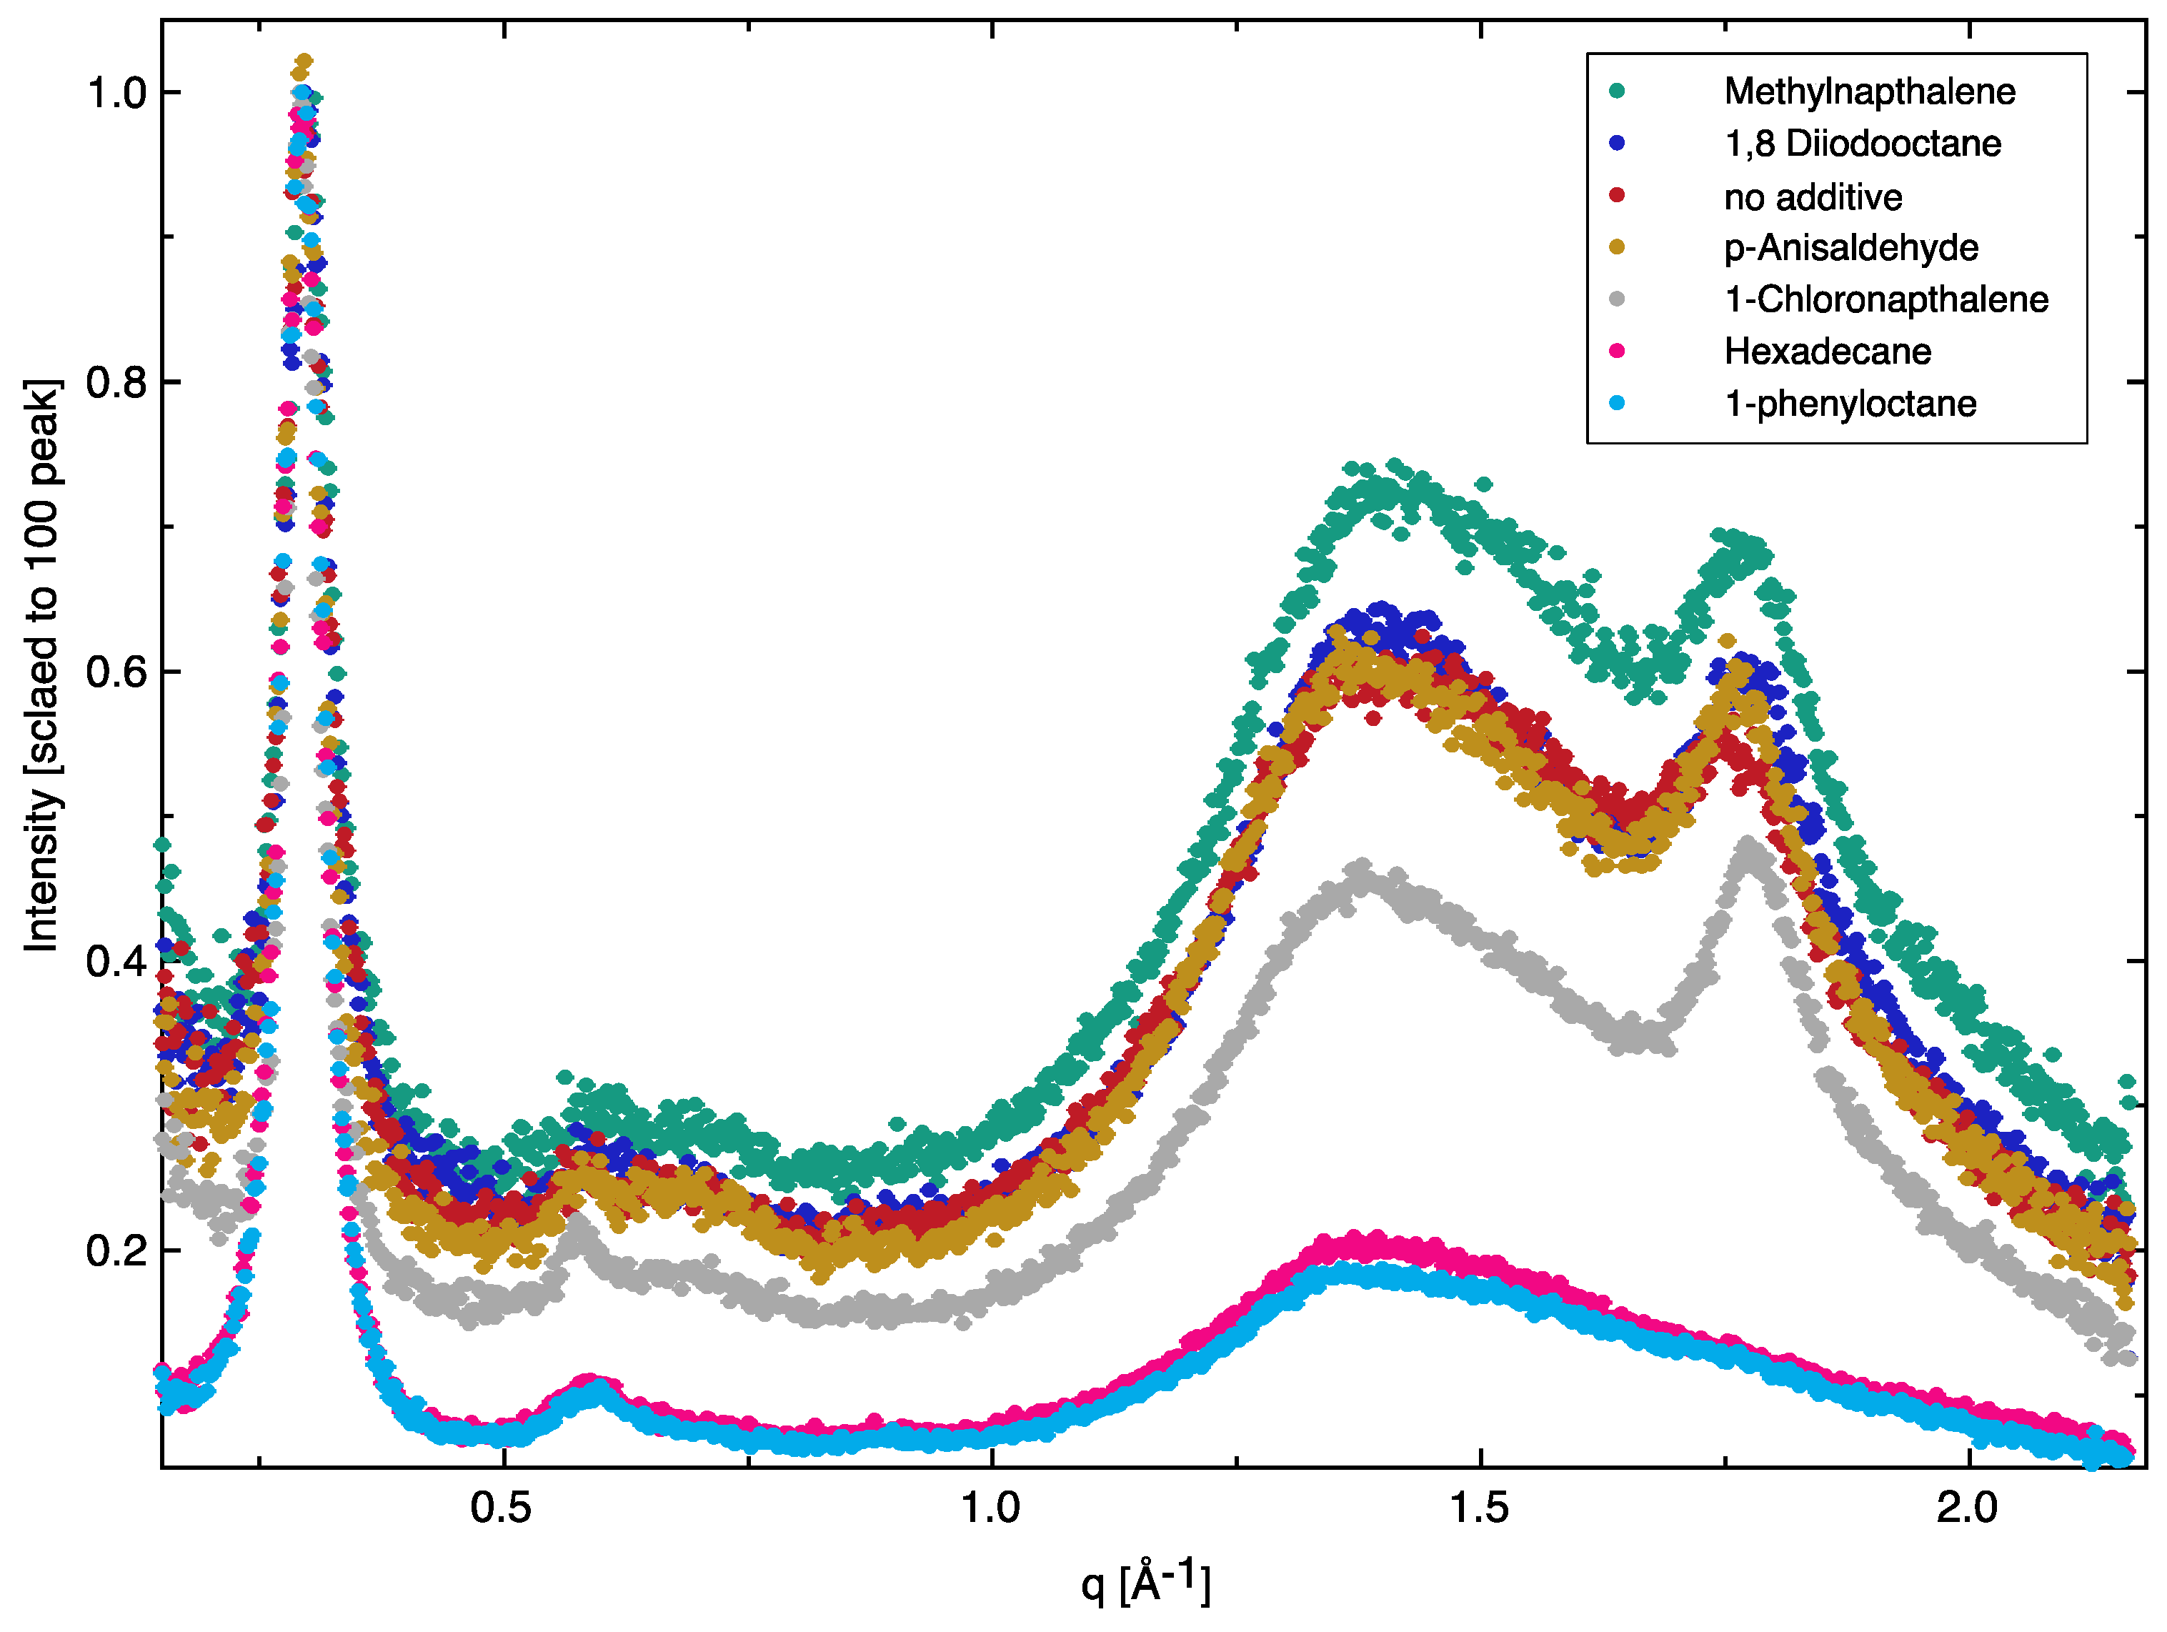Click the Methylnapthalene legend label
click(x=1868, y=91)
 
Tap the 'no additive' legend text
click(x=1813, y=197)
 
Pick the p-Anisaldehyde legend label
click(x=1850, y=248)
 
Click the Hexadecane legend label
click(x=1827, y=352)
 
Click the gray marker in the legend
click(x=1616, y=299)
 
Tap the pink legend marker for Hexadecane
click(x=1616, y=351)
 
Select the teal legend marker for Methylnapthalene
click(x=1616, y=91)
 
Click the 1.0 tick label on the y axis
click(x=116, y=93)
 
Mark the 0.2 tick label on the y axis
click(x=116, y=1252)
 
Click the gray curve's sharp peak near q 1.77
click(x=1749, y=845)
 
